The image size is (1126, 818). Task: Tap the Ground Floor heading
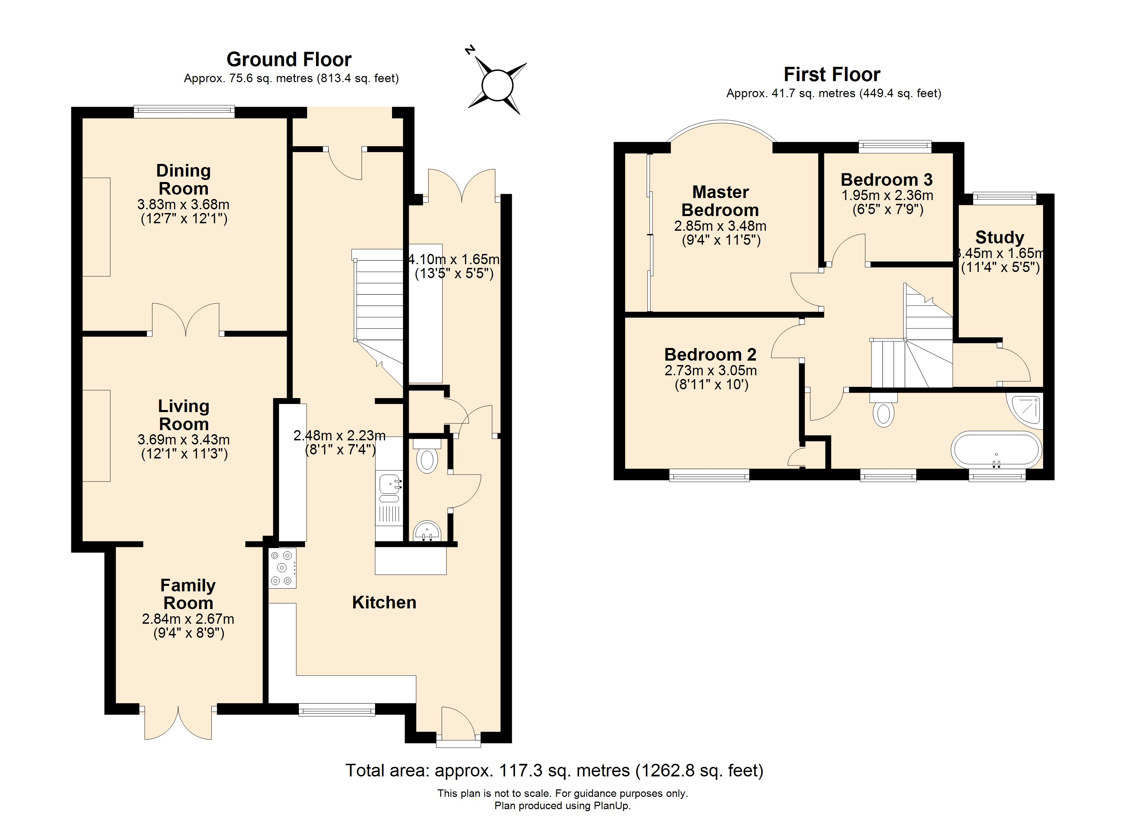point(289,60)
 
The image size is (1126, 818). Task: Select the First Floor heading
point(832,74)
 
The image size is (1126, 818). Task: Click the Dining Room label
point(183,180)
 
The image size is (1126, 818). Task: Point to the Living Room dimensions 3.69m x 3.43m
point(184,440)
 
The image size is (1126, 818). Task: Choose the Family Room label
point(188,594)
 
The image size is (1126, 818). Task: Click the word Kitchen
point(384,603)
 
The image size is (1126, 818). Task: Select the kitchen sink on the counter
point(390,484)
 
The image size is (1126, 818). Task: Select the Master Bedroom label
point(720,201)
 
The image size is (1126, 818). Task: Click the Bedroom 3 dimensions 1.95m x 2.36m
point(887,195)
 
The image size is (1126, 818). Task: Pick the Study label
point(1000,238)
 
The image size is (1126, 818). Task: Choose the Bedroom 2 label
point(710,355)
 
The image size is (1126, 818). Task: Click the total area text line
point(554,770)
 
